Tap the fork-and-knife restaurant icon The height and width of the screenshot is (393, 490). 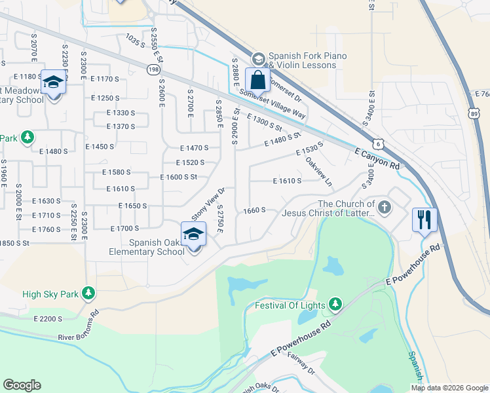(x=424, y=219)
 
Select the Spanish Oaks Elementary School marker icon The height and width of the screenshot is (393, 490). (x=194, y=234)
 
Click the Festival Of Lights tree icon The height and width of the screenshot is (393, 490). (x=336, y=303)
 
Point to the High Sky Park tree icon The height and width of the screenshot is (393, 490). (x=88, y=294)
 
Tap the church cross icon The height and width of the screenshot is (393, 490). (x=385, y=208)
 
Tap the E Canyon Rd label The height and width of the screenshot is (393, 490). (x=377, y=159)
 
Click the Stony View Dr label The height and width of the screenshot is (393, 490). (x=208, y=203)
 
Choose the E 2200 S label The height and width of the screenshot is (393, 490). (x=48, y=319)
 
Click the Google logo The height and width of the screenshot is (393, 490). (x=22, y=385)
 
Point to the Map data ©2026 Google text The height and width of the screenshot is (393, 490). (x=449, y=387)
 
